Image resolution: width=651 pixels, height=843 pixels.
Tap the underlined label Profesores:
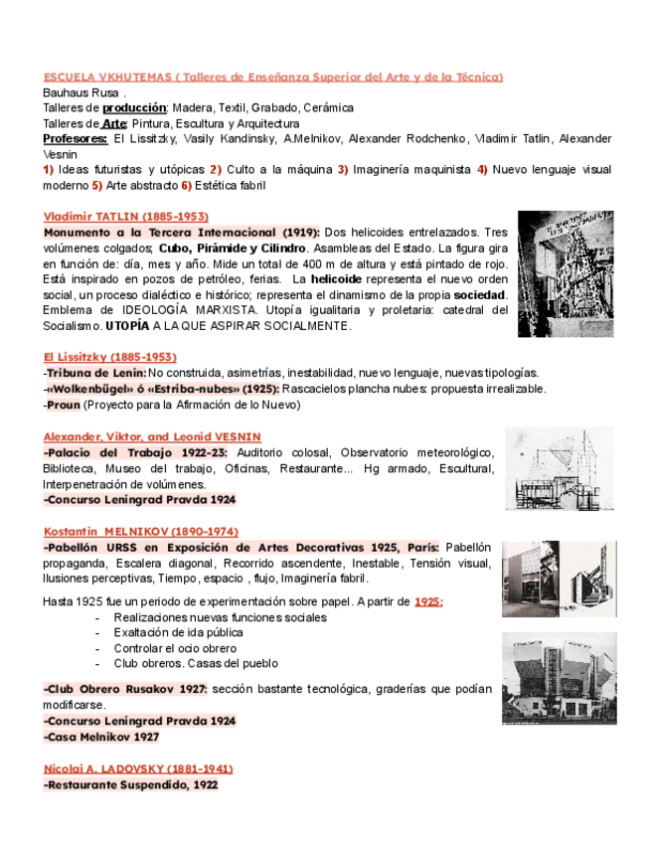click(x=76, y=139)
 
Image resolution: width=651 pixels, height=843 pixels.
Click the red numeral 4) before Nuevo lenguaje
click(x=482, y=170)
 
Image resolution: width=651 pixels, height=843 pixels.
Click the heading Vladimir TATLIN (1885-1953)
click(x=126, y=217)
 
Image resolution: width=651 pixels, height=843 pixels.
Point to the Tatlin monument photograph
click(x=565, y=273)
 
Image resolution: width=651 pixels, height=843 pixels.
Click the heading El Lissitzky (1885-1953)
click(x=110, y=357)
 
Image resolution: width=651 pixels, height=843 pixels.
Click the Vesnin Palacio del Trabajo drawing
click(x=559, y=468)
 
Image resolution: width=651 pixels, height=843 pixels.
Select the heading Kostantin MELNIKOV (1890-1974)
click(x=141, y=532)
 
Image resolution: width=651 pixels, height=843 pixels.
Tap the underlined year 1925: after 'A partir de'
click(x=428, y=601)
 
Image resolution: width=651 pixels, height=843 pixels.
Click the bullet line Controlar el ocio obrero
click(x=175, y=648)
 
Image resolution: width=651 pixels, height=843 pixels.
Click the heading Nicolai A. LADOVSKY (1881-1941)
click(x=139, y=768)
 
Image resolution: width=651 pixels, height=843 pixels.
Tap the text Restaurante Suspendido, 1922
click(x=132, y=784)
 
